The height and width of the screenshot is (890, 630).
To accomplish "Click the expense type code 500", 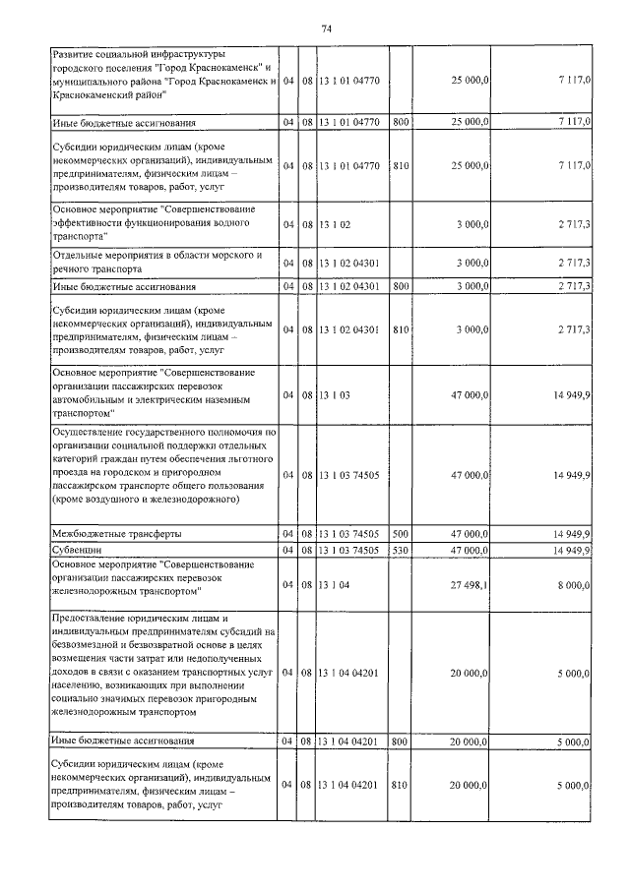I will click(400, 533).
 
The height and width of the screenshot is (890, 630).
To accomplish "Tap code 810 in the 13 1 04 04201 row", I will click(400, 786).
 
